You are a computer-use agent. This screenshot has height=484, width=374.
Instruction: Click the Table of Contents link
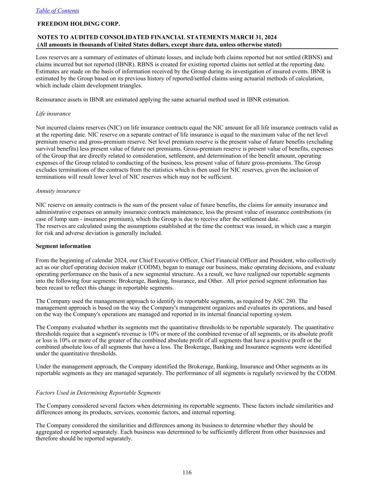pos(57,11)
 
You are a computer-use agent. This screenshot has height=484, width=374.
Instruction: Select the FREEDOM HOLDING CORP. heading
pos(79,24)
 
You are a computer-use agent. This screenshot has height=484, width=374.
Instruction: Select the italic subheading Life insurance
pos(53,113)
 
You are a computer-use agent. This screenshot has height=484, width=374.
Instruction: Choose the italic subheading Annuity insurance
pos(58,191)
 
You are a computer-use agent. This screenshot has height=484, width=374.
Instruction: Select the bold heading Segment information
pos(63,246)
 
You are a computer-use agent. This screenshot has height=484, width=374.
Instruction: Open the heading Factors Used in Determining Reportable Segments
pos(98,393)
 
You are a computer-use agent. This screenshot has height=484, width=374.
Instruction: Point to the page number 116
pos(187,472)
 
